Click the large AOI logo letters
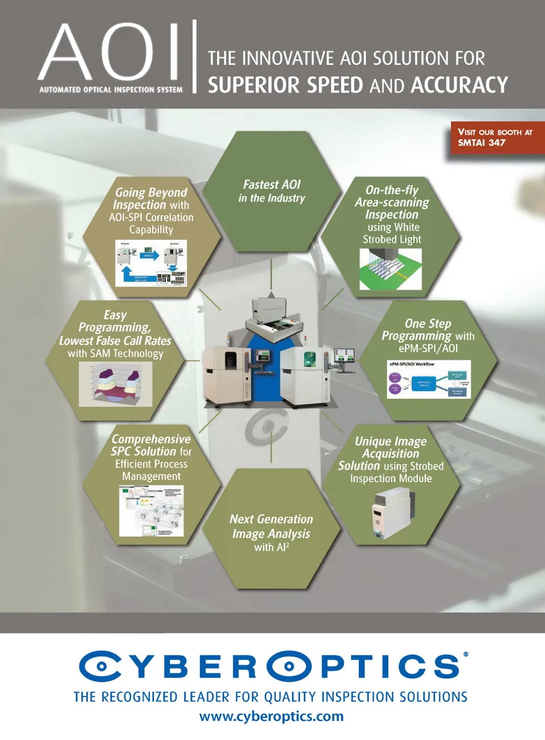(x=110, y=52)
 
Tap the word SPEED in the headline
(x=334, y=85)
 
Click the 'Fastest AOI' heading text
(x=271, y=185)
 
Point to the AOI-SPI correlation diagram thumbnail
(x=151, y=262)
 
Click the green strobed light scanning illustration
(x=391, y=269)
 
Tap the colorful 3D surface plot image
(x=116, y=384)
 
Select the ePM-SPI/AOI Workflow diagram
(x=429, y=379)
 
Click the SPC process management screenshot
(x=152, y=510)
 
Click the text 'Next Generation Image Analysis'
(x=271, y=526)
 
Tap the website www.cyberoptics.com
(x=271, y=716)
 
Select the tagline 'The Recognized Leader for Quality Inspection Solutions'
(x=271, y=696)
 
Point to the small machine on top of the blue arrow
(x=273, y=318)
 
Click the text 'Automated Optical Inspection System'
(x=111, y=90)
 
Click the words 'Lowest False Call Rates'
(x=115, y=341)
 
